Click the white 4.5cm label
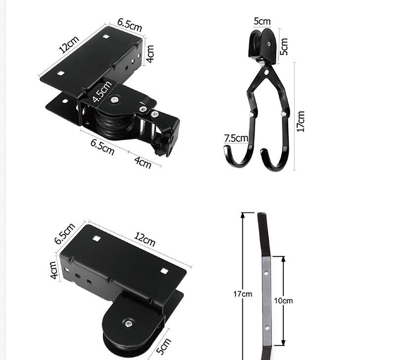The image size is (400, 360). click(102, 91)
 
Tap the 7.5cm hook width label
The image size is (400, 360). click(236, 138)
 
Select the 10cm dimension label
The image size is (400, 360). click(283, 301)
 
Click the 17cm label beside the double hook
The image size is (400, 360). click(301, 121)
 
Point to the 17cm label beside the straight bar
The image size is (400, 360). click(242, 294)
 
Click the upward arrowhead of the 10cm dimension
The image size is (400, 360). click(283, 259)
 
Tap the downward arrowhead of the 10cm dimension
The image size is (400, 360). click(283, 343)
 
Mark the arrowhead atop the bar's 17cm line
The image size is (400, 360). click(243, 215)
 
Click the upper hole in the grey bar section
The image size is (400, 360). click(266, 273)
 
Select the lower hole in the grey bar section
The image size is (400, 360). click(267, 328)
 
